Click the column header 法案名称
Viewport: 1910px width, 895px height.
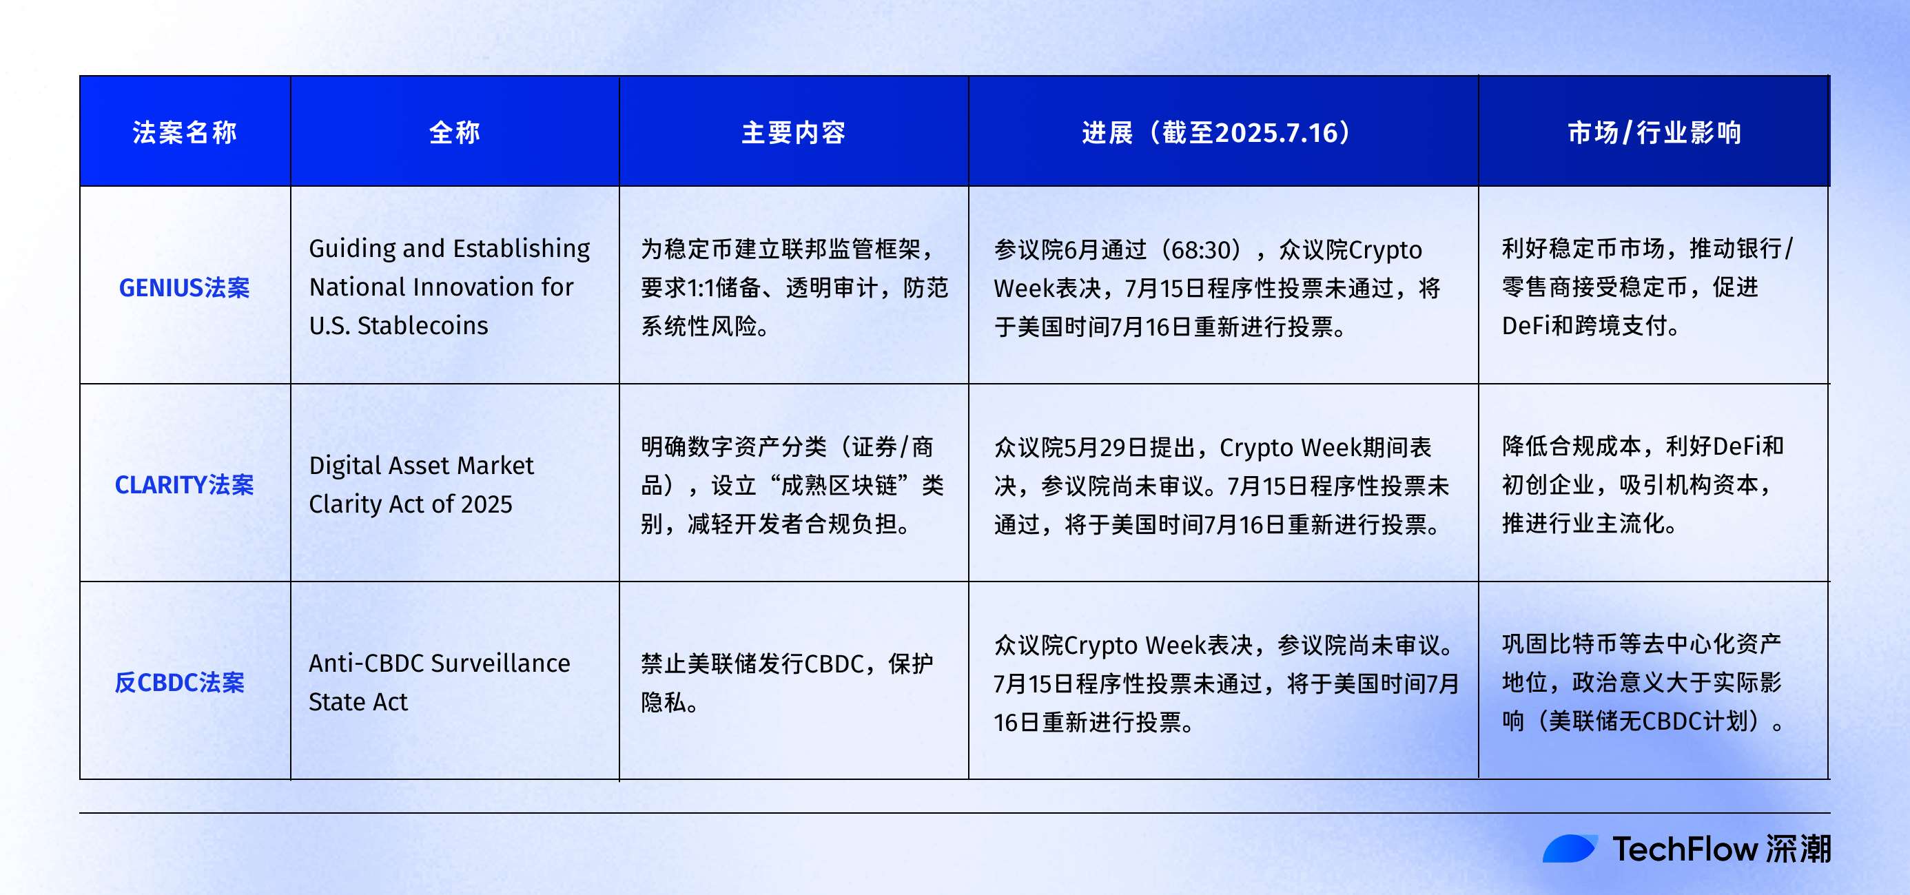pyautogui.click(x=185, y=133)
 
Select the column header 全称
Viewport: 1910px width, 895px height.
pyautogui.click(x=455, y=133)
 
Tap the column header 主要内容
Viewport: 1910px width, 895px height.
pyautogui.click(x=793, y=133)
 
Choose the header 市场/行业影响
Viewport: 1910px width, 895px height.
pyautogui.click(x=1654, y=133)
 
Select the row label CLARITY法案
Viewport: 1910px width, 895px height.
pyautogui.click(x=185, y=485)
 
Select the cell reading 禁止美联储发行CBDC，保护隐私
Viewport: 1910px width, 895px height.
pyautogui.click(x=786, y=683)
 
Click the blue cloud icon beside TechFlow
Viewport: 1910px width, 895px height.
pyautogui.click(x=1569, y=849)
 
